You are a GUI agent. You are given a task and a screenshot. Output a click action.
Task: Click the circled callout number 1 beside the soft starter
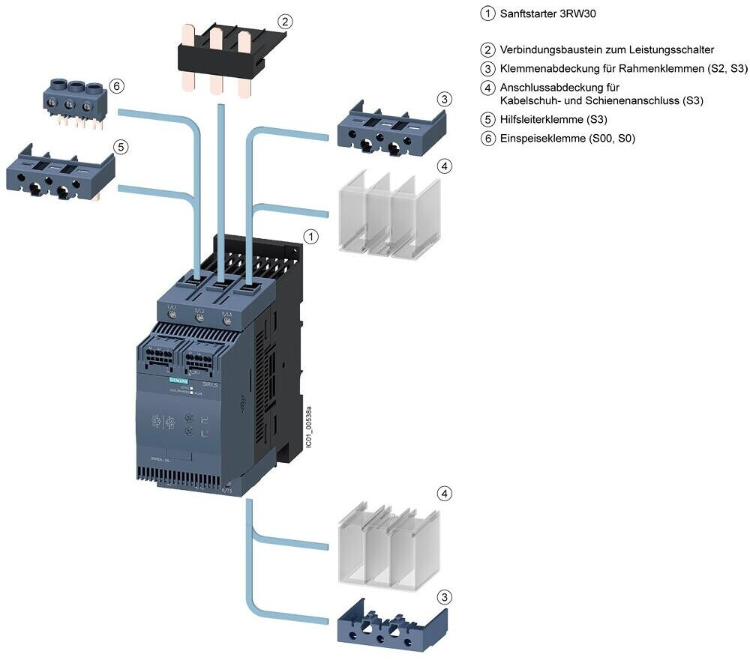(x=310, y=237)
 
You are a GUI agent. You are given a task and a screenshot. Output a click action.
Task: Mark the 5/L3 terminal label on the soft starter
(x=228, y=308)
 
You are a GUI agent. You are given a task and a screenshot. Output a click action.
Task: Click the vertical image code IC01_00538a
(x=308, y=426)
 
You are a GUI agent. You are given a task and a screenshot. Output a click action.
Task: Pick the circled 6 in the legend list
(x=488, y=138)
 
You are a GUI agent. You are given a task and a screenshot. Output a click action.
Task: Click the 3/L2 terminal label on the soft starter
(x=199, y=308)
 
